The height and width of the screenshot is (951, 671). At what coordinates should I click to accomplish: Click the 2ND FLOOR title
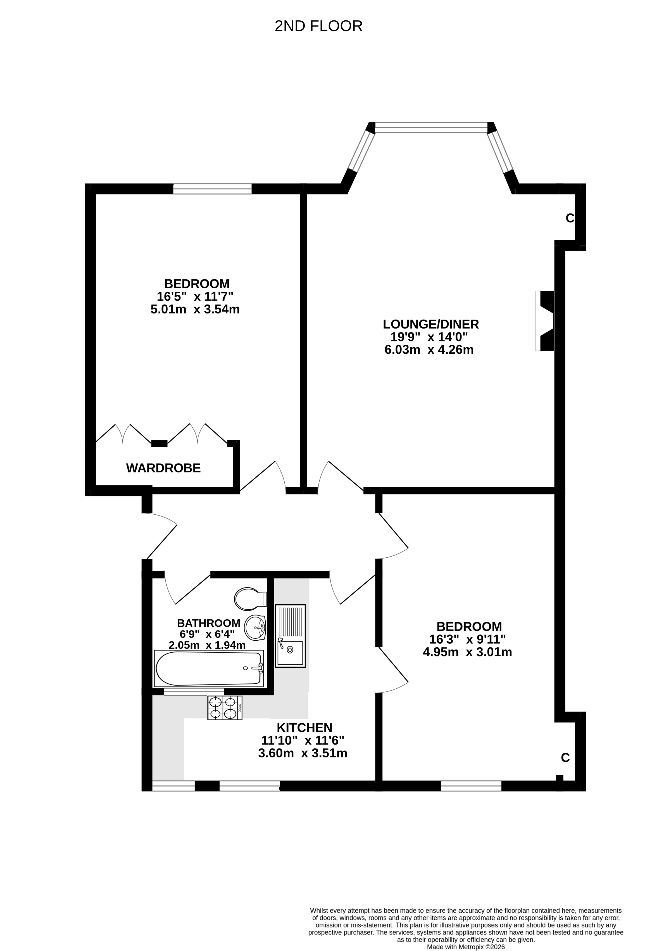point(318,26)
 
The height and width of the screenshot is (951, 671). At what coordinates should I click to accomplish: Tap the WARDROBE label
point(163,468)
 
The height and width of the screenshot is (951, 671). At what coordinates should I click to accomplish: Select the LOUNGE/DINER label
point(431,324)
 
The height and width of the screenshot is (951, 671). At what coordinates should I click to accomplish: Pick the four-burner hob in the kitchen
point(225,707)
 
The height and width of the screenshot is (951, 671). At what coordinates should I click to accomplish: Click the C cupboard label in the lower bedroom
point(565,758)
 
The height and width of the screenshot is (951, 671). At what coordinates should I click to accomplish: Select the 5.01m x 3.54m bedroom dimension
point(195,309)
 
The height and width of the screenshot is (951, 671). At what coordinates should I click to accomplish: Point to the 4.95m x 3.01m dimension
point(467,652)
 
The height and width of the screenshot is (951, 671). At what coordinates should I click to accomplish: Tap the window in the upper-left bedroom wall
point(213,189)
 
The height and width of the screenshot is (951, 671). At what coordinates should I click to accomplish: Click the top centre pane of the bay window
point(431,128)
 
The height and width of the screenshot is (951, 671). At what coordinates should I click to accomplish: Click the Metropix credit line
point(466,947)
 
